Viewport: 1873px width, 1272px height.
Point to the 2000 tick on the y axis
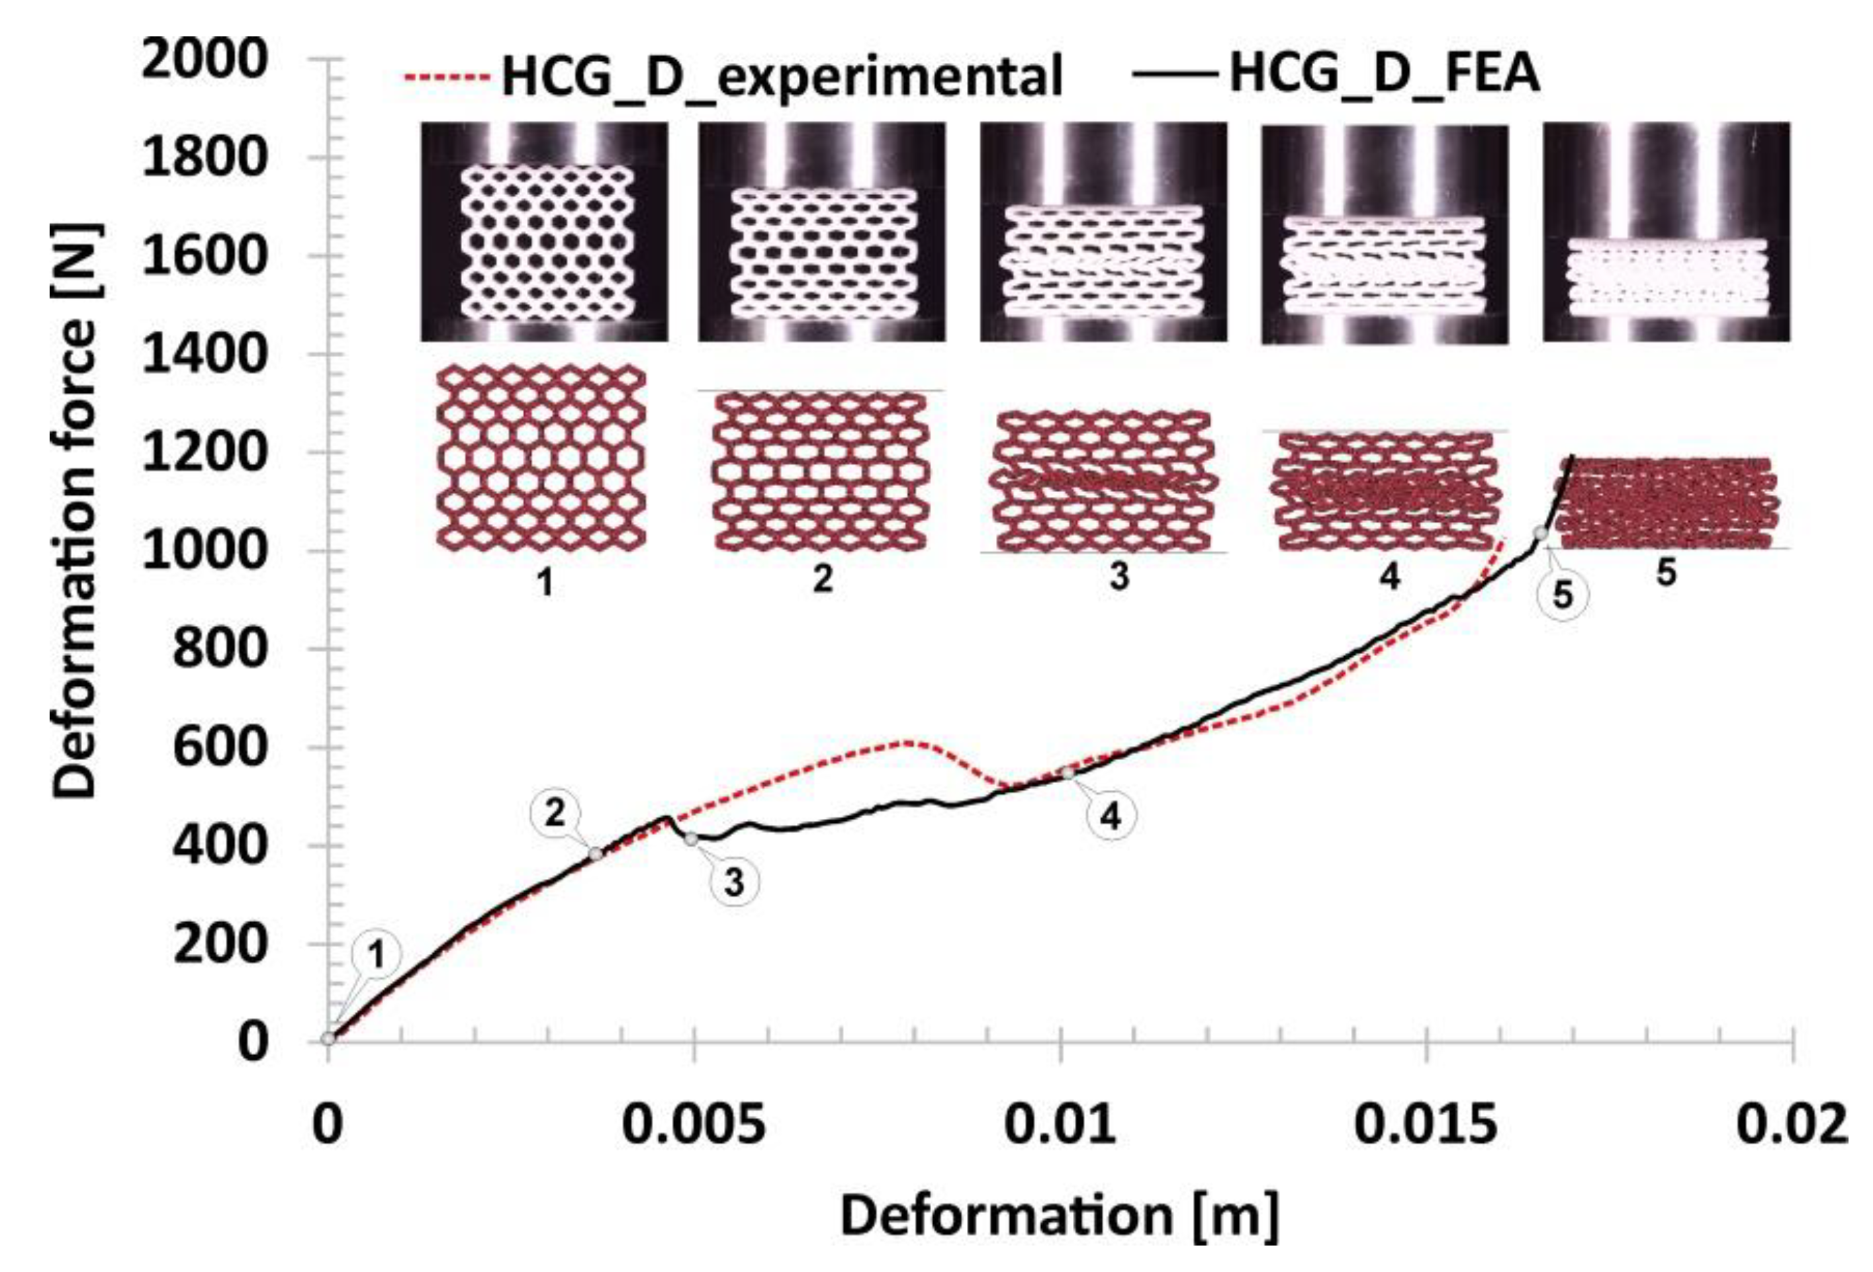pyautogui.click(x=204, y=60)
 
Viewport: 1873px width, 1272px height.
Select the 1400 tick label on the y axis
pyautogui.click(x=204, y=355)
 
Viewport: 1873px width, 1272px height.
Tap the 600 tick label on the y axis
pyautogui.click(x=218, y=747)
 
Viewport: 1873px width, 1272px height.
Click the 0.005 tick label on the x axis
pyautogui.click(x=694, y=1124)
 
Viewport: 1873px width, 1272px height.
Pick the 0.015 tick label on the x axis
pyautogui.click(x=1426, y=1124)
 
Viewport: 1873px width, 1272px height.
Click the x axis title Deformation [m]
pyautogui.click(x=1060, y=1216)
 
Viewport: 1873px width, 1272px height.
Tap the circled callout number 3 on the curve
pyautogui.click(x=733, y=882)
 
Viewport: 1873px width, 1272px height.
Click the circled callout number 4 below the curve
pyautogui.click(x=1111, y=816)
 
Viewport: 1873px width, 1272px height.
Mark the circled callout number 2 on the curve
pyautogui.click(x=555, y=814)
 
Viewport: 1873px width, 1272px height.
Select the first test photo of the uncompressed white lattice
pyautogui.click(x=545, y=232)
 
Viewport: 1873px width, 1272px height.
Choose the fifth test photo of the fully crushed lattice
pyautogui.click(x=1666, y=232)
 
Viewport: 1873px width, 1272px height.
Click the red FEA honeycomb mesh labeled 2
pyautogui.click(x=822, y=471)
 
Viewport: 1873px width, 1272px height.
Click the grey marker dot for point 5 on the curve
pyautogui.click(x=1540, y=533)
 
